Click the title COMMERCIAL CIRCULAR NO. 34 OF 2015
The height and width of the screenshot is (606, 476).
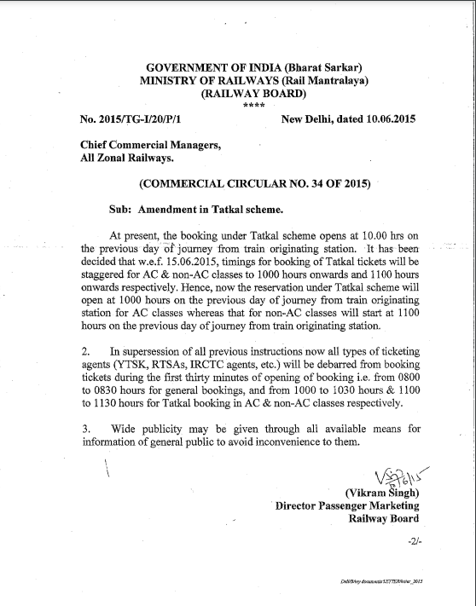(253, 183)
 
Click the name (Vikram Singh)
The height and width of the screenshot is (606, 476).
(380, 493)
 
